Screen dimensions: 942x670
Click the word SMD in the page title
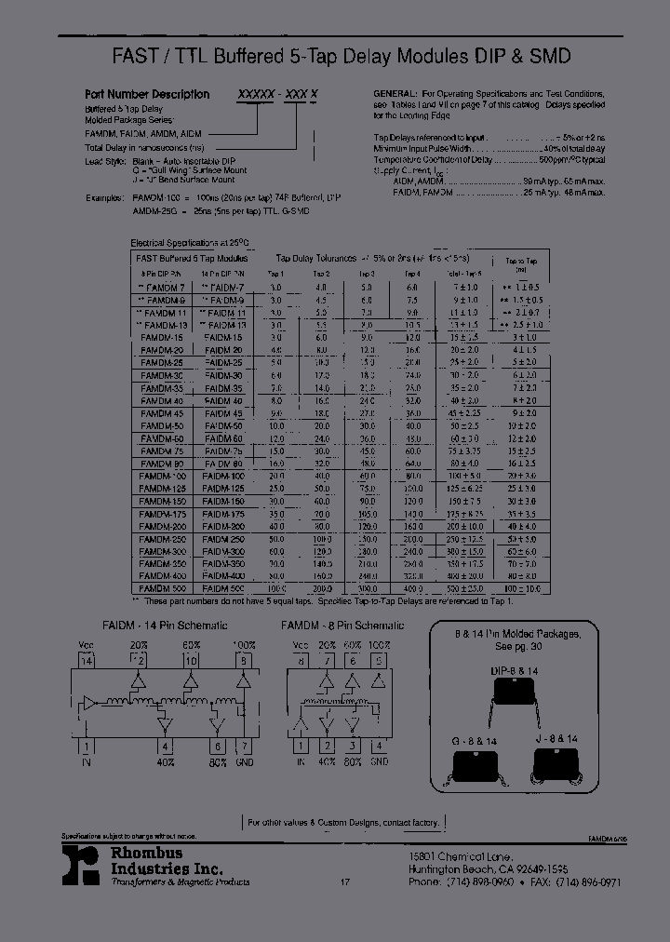(549, 57)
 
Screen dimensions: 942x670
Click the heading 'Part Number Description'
(147, 94)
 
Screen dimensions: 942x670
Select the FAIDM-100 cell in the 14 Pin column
(222, 476)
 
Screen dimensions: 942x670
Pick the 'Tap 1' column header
(275, 274)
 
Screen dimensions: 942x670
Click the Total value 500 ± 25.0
(466, 589)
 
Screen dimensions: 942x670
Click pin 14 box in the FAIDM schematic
(87, 662)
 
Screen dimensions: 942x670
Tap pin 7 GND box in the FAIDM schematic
(244, 747)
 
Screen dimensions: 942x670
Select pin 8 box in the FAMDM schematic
(301, 662)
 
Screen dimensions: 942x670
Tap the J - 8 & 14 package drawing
(556, 765)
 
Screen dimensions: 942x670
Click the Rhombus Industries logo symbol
(84, 864)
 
